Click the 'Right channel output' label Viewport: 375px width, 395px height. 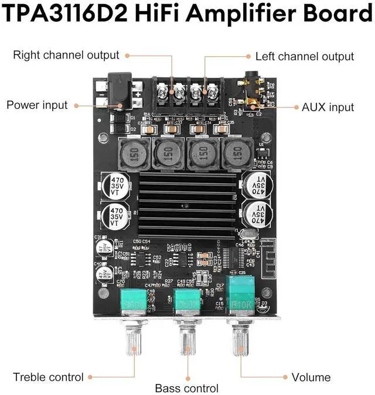coord(66,56)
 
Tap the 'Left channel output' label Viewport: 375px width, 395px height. coord(305,56)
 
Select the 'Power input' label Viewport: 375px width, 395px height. coord(37,105)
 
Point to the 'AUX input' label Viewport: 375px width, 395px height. coord(328,107)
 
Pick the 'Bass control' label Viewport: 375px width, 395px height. coord(187,388)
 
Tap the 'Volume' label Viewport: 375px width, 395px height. coord(311,377)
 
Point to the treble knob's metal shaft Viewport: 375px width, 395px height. coord(134,342)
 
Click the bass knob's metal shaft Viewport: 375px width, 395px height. coord(187,343)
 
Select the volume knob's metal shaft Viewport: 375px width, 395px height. coord(240,342)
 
